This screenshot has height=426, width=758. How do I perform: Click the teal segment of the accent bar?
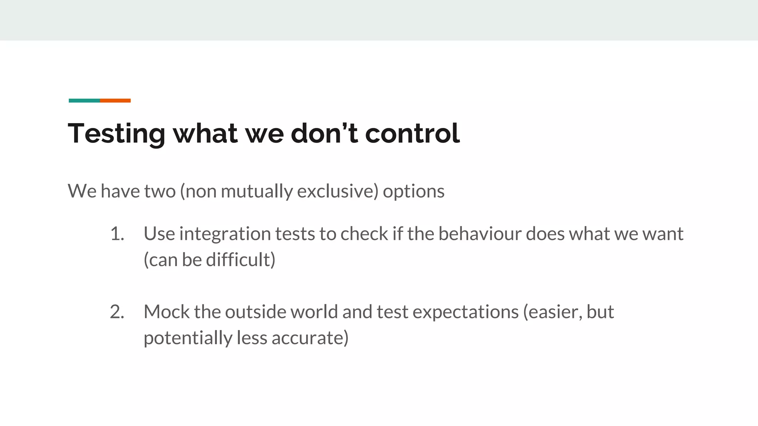84,101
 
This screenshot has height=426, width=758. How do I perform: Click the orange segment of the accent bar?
115,101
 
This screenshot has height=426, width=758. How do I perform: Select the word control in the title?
412,133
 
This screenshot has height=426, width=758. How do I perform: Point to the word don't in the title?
324,133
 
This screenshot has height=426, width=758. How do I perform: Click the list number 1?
117,234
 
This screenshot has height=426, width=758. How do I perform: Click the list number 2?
117,312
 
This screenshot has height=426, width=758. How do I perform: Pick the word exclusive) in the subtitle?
338,191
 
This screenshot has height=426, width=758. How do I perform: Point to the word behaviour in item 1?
480,234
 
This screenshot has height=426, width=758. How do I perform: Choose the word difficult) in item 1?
241,260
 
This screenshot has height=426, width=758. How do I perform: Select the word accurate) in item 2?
310,338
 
